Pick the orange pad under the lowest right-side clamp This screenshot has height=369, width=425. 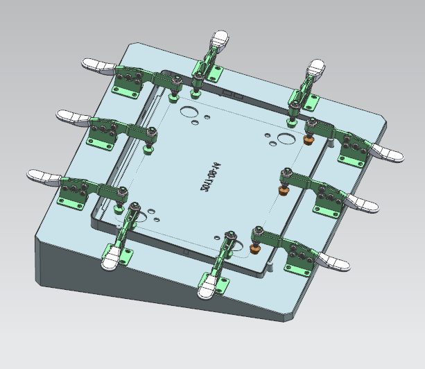pos(254,247)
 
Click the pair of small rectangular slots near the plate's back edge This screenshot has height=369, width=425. pos(231,92)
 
